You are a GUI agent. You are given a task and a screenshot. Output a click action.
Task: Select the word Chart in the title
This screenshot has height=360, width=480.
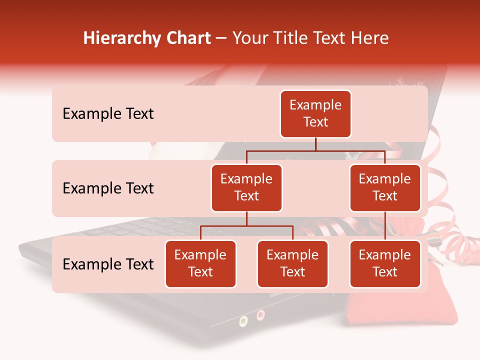[x=186, y=38]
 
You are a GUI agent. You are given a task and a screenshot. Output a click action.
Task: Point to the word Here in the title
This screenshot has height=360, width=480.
[x=369, y=38]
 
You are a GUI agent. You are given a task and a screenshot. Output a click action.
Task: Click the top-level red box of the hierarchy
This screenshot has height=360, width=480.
[x=315, y=114]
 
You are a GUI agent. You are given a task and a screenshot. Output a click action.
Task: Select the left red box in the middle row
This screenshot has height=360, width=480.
[x=246, y=188]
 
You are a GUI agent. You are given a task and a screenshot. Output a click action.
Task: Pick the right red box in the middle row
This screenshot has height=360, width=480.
[x=385, y=188]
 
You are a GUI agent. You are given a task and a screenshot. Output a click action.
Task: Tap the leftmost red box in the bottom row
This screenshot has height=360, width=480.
[x=200, y=264]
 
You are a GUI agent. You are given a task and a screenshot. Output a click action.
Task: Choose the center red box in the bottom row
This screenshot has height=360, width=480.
[x=292, y=264]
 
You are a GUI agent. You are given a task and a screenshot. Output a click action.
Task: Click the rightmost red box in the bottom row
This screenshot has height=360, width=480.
[x=385, y=264]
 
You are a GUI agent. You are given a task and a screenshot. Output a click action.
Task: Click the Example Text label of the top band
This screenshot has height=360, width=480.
[x=108, y=114]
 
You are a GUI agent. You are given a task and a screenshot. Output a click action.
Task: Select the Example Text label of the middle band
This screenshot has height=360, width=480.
[x=108, y=188]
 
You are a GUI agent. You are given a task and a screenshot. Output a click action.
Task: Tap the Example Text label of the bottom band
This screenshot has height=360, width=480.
[x=108, y=264]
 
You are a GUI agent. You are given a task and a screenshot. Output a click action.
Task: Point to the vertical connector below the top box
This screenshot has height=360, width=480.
[x=315, y=144]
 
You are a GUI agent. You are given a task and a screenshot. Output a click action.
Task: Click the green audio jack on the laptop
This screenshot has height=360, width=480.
[x=243, y=320]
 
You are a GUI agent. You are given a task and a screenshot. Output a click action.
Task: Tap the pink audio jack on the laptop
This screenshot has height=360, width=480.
[x=260, y=315]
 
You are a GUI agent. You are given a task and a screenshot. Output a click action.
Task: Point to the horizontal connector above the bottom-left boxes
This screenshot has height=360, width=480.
[x=246, y=226]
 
